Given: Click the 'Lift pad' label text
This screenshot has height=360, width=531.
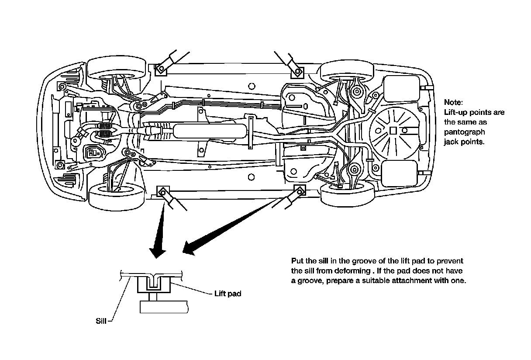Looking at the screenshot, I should point(228,294).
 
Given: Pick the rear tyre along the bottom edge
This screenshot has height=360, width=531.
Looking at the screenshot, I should point(347,195).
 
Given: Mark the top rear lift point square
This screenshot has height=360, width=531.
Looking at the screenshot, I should point(297,70).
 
